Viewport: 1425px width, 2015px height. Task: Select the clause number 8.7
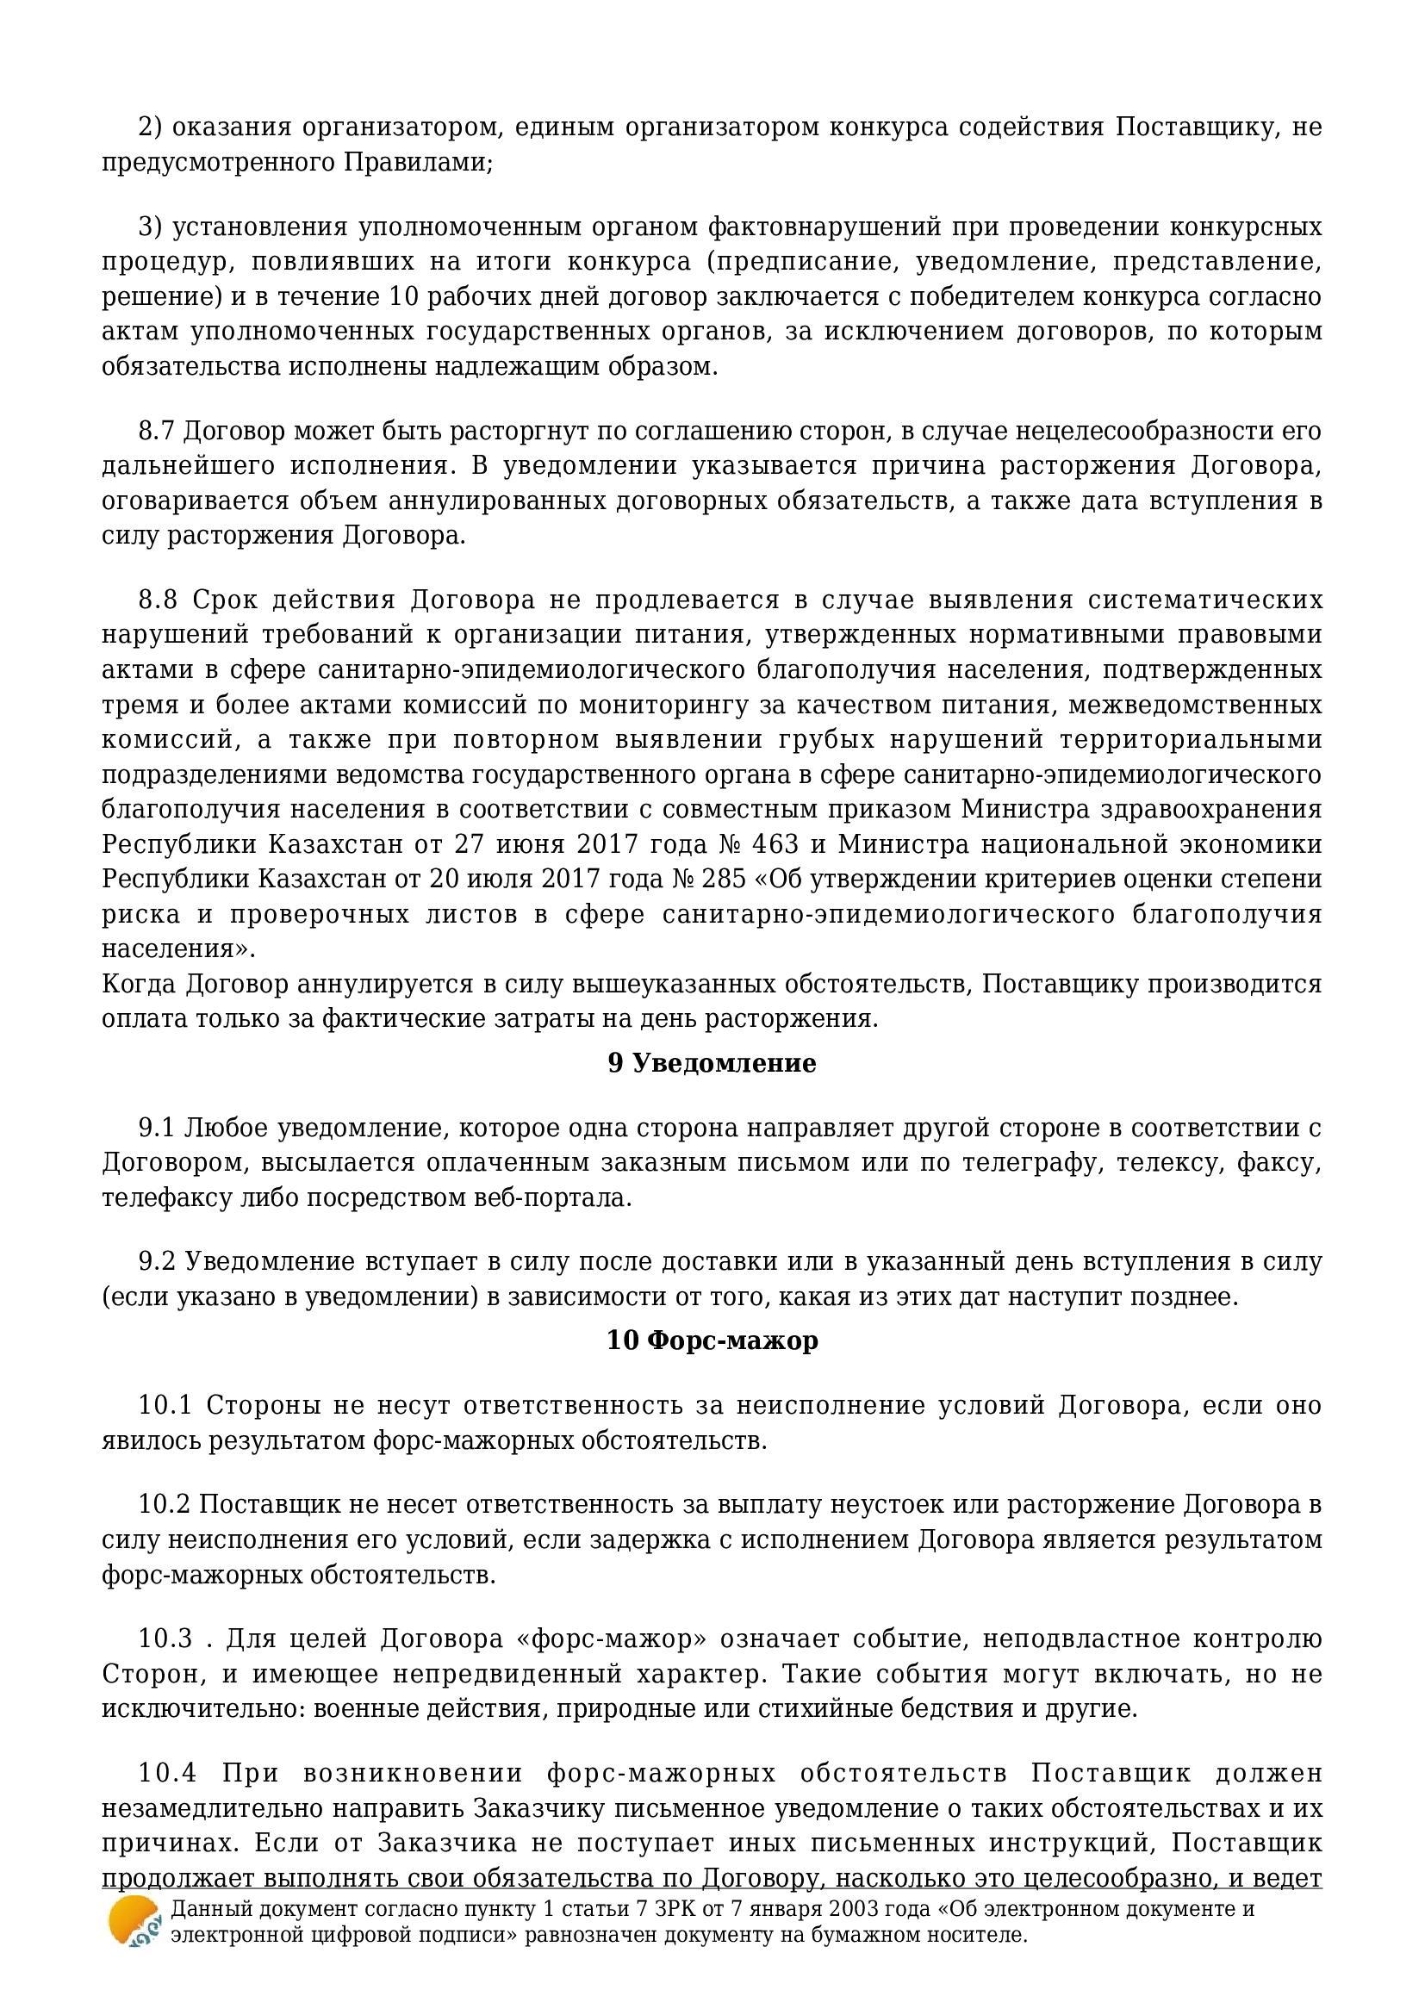pos(157,431)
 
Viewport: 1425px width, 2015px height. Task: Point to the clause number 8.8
pos(158,600)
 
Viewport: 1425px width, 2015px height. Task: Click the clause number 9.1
pos(157,1128)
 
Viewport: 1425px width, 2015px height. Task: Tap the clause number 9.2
pos(157,1262)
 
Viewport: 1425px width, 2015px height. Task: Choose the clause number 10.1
pos(165,1405)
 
